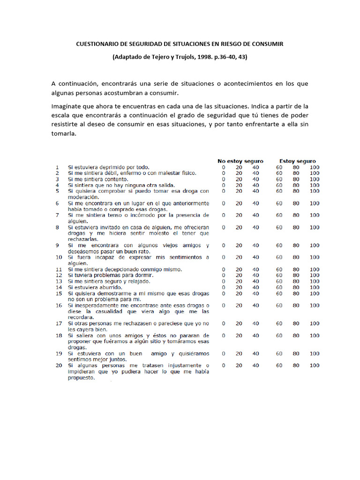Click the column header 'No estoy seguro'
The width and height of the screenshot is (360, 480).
point(240,161)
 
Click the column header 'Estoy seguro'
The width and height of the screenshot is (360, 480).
point(297,161)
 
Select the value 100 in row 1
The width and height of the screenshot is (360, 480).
point(314,167)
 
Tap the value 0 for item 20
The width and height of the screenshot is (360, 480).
point(224,365)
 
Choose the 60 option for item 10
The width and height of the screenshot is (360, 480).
point(279,257)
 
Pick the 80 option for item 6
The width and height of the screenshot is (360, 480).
point(296,203)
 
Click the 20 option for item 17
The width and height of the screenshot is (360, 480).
point(239,323)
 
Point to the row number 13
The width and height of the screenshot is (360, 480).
point(58,281)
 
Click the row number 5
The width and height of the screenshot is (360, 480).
point(57,191)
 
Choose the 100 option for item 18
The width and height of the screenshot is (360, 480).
point(314,336)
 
